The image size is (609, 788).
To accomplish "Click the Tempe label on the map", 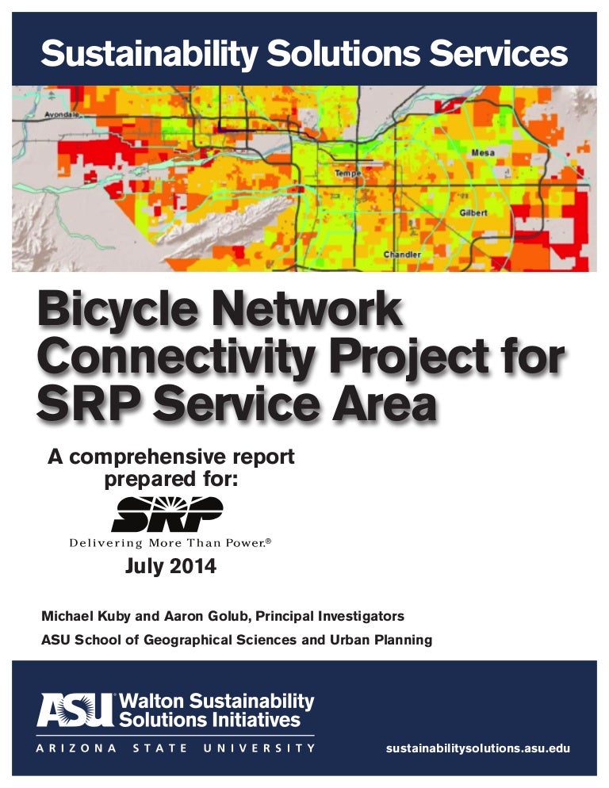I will click(347, 173).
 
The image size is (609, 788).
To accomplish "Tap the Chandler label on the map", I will click(402, 254).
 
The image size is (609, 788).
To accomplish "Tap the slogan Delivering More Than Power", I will click(169, 544).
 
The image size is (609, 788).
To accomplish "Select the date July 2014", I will click(170, 568).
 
